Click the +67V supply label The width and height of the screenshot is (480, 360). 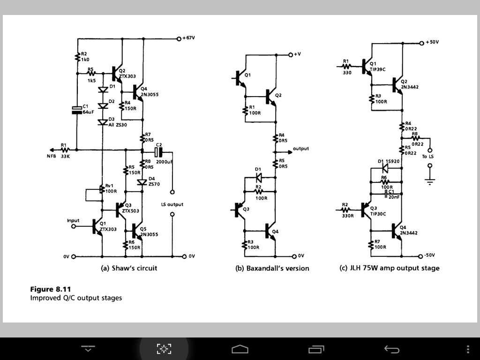point(189,38)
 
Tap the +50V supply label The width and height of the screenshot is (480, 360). point(432,42)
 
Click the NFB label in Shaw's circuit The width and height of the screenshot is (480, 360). point(51,157)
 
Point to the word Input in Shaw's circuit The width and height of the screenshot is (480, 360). point(73,220)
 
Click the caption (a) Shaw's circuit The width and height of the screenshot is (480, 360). point(129,268)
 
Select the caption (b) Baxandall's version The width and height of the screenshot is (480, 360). point(272,268)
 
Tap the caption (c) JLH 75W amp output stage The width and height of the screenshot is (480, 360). point(389,268)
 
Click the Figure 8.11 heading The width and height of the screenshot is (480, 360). point(51,289)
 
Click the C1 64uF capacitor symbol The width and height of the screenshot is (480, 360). point(76,110)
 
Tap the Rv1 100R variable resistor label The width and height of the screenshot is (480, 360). point(112,187)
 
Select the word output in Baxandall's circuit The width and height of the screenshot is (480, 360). point(301,149)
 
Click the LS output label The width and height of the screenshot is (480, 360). point(172,204)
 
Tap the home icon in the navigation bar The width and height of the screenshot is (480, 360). point(240,349)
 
